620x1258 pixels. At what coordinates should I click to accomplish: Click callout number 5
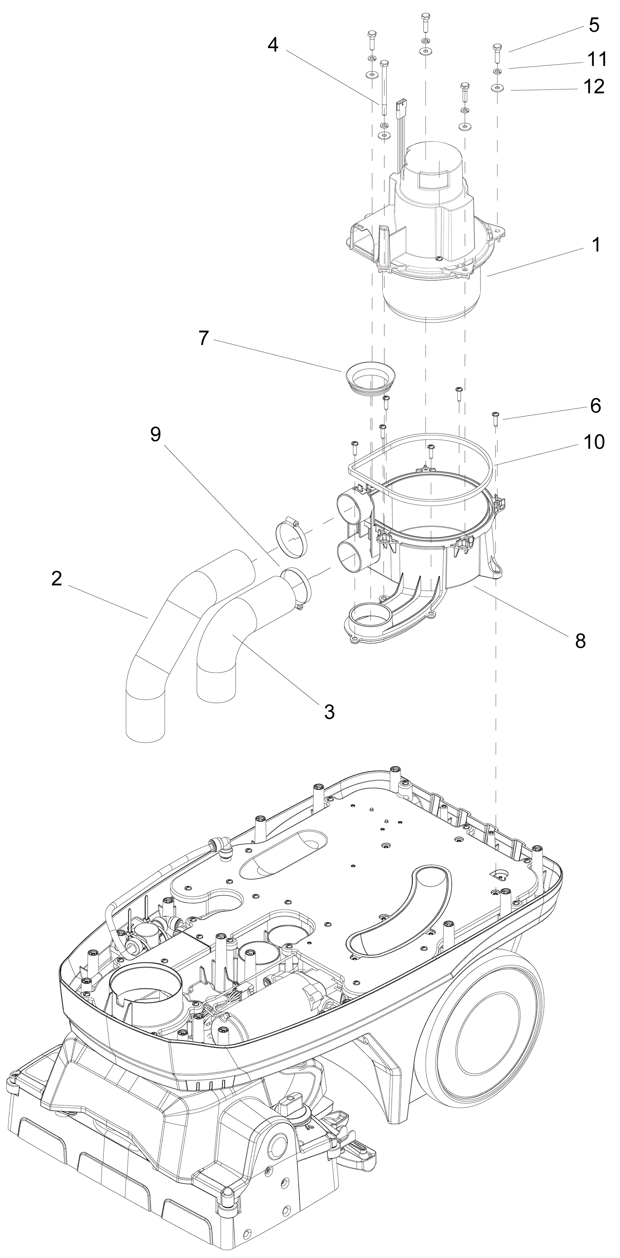click(594, 25)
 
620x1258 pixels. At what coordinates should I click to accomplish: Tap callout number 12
click(594, 86)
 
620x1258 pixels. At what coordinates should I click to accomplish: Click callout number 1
click(596, 245)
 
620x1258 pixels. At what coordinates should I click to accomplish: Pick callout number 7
click(203, 338)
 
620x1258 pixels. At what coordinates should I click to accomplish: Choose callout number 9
click(155, 434)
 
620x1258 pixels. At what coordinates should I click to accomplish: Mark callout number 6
click(595, 406)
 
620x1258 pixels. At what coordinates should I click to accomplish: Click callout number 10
click(594, 442)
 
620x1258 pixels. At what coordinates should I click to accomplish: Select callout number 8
click(580, 640)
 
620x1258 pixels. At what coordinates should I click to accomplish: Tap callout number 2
click(57, 579)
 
